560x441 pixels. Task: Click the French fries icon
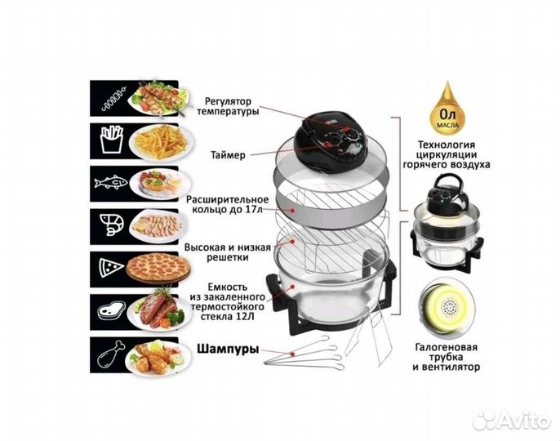click(x=112, y=140)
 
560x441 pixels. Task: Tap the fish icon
click(x=111, y=183)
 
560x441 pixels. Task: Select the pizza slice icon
click(x=111, y=269)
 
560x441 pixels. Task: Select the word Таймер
click(x=228, y=155)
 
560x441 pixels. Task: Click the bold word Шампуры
click(x=229, y=349)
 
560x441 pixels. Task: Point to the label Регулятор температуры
click(x=228, y=106)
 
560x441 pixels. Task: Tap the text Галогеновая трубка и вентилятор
click(x=447, y=357)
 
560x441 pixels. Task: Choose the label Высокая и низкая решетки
click(x=228, y=252)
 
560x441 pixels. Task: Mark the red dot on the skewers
click(x=292, y=354)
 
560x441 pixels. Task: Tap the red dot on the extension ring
click(x=293, y=211)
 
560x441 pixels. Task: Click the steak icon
click(x=112, y=310)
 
